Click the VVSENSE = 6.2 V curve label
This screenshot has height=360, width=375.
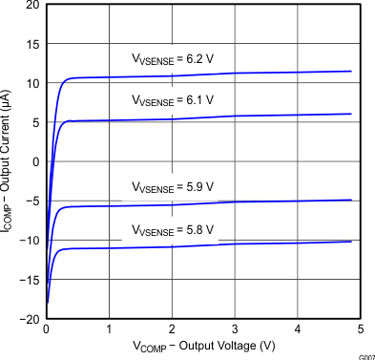[x=173, y=59]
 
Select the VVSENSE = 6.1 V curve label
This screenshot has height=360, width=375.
[x=173, y=99]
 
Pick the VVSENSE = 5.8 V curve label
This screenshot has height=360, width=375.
[x=173, y=230]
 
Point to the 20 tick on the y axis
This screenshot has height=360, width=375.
[x=33, y=5]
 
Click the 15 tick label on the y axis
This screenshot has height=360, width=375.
[x=33, y=44]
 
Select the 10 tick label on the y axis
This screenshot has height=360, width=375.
[x=33, y=83]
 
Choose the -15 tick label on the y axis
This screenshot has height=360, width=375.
[x=31, y=279]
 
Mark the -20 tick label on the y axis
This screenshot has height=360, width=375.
[x=31, y=318]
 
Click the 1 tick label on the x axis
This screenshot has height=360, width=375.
[x=109, y=329]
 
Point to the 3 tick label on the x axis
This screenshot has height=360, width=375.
[x=235, y=329]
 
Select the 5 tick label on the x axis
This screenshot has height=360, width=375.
[x=361, y=329]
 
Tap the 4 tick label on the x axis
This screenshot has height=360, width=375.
[x=298, y=329]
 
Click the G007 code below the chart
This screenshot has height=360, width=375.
[x=366, y=356]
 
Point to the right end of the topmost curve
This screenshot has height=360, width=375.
[x=351, y=72]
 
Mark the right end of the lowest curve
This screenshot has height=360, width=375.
[x=351, y=242]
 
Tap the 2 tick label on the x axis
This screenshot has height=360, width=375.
[x=172, y=329]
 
